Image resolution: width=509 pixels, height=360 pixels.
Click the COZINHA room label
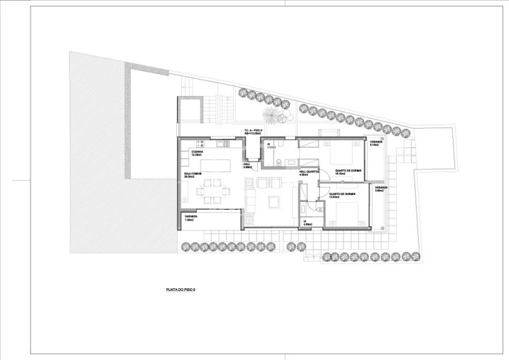pyautogui.click(x=196, y=153)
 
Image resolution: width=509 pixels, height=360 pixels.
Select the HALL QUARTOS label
pyautogui.click(x=307, y=173)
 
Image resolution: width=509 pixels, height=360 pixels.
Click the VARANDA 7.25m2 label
pyautogui.click(x=190, y=218)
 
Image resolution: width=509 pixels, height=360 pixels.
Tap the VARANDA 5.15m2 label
pyautogui.click(x=376, y=143)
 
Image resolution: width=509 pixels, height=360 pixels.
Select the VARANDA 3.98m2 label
pyautogui.click(x=379, y=190)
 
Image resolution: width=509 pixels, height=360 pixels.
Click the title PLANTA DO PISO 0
pyautogui.click(x=180, y=290)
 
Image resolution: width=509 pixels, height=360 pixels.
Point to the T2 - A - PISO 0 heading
pyautogui.click(x=254, y=132)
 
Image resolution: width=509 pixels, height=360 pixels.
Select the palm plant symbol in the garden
pyautogui.click(x=272, y=113)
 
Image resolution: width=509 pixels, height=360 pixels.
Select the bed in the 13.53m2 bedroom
pyautogui.click(x=348, y=211)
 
